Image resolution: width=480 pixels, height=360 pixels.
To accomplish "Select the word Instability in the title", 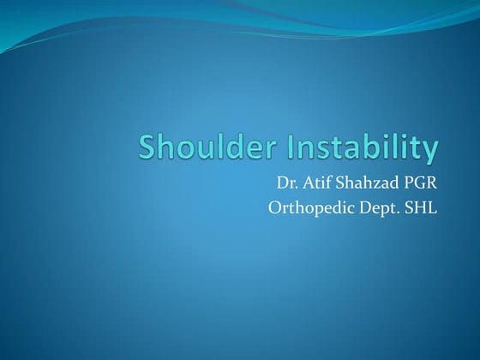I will [x=366, y=148].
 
